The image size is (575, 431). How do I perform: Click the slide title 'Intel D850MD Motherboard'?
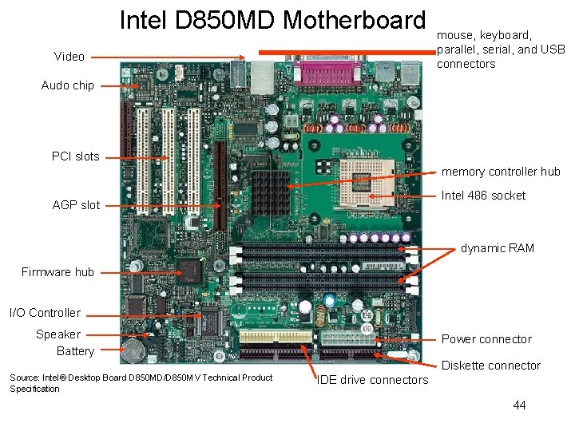272,20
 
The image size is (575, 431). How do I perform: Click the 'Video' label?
69,57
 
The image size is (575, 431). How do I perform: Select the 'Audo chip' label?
67,85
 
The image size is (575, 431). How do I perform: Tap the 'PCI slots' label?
75,156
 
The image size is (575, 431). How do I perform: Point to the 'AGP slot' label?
76,205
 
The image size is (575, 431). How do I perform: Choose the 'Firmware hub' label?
57,272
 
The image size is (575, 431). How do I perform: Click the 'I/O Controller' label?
45,313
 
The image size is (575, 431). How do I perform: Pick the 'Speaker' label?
57,334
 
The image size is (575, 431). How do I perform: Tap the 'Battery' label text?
75,351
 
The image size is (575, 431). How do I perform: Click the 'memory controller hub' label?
501,172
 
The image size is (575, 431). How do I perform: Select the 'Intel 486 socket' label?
483,196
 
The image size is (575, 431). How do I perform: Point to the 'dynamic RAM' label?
497,248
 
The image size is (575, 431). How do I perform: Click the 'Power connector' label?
486,339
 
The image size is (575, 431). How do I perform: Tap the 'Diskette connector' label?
491,366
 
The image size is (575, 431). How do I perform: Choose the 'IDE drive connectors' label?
372,380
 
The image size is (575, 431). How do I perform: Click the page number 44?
519,405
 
